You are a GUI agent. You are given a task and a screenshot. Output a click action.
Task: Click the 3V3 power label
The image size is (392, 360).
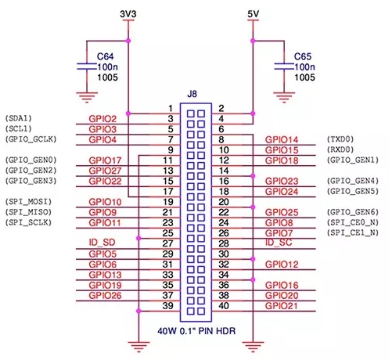tap(127, 13)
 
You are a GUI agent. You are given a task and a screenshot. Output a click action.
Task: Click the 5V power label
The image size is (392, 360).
tap(251, 13)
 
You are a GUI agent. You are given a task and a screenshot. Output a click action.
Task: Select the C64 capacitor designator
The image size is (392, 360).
tap(105, 56)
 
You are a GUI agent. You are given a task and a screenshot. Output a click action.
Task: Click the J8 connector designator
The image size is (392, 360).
tap(192, 94)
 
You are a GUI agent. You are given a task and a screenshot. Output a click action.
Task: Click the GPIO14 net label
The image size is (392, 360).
tap(281, 139)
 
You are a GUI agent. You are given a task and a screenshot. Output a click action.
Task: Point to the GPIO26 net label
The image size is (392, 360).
tap(105, 296)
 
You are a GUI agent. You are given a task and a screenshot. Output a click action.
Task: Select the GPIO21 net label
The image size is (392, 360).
tap(281, 307)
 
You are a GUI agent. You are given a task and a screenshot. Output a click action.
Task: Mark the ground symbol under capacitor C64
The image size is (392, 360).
tap(82, 97)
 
